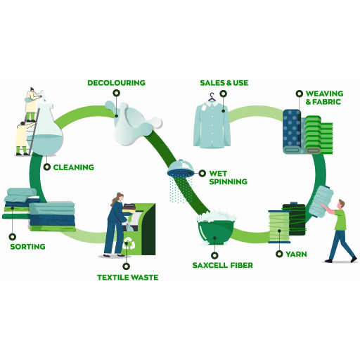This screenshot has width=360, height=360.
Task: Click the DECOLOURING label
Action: coord(116,83)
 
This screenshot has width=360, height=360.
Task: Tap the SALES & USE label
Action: coord(224,83)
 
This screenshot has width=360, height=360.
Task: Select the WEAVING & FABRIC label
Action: coord(324,98)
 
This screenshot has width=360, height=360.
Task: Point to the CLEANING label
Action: coord(74,167)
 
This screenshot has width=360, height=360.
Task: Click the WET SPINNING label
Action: coord(228,177)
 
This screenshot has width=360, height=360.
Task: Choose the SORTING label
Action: coord(27,247)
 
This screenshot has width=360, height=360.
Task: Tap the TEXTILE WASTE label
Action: coord(127,278)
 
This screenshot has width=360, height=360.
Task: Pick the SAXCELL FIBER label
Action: coord(222,265)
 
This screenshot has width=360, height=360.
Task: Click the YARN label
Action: coord(296,255)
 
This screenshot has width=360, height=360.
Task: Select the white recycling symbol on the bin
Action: coord(129,243)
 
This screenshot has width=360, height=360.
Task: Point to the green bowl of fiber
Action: coord(216,232)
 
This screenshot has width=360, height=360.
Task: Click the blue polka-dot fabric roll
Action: coord(292,131)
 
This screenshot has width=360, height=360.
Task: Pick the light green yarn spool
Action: coord(279,227)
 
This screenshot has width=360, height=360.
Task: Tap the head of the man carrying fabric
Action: coord(342,204)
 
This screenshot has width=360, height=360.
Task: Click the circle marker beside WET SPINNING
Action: coord(202,174)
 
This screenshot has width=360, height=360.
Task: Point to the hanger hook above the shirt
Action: coord(212,96)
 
